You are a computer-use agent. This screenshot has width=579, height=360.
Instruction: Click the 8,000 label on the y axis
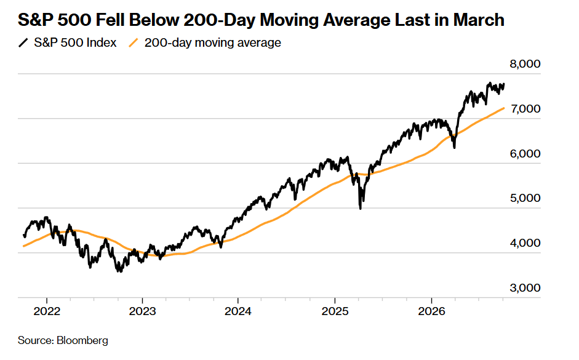[525, 64]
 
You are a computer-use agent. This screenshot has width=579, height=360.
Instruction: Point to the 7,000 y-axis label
[525, 109]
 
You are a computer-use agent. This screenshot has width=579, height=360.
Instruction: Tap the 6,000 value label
[525, 154]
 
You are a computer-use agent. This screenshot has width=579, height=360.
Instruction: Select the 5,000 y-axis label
[525, 198]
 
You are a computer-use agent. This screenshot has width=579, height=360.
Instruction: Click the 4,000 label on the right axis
[525, 243]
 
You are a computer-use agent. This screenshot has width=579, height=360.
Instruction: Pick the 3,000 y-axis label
[525, 287]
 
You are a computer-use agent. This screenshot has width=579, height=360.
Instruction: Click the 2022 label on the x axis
[47, 311]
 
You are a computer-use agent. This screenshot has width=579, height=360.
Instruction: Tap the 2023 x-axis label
[143, 311]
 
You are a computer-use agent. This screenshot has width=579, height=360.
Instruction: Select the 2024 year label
[238, 311]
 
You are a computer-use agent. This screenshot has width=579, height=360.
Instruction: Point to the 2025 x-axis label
[335, 311]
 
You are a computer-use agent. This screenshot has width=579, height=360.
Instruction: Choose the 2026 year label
[431, 311]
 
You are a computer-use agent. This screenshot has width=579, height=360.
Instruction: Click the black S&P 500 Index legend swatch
[23, 43]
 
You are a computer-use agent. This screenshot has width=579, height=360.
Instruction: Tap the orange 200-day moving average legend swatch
[134, 43]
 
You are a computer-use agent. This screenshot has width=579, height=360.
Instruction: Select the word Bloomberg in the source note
[82, 340]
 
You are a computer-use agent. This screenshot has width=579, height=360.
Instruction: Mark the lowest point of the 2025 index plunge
[361, 209]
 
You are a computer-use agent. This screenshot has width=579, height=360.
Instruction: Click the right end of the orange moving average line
[504, 108]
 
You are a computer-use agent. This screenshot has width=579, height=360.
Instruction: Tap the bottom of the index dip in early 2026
[454, 148]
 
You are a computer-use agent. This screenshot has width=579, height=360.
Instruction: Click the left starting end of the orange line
[23, 246]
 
